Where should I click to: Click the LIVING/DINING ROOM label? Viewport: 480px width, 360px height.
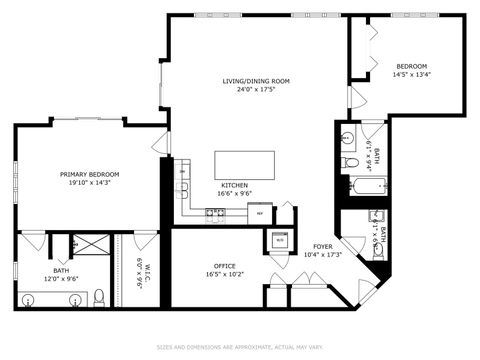click(256, 81)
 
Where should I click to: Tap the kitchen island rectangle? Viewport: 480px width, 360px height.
click(245, 163)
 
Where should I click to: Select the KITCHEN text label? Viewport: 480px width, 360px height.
click(235, 186)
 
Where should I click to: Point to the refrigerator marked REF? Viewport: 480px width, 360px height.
click(260, 213)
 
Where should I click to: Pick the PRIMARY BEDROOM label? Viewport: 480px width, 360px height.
click(97, 174)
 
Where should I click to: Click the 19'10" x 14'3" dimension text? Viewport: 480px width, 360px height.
click(97, 183)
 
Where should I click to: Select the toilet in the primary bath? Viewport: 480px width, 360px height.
click(99, 296)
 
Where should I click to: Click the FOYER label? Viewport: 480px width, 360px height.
click(322, 246)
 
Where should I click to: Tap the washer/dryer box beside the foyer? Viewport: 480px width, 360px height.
click(280, 240)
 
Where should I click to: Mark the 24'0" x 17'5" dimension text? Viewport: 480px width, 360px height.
click(256, 90)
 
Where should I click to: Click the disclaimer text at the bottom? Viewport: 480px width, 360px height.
click(240, 348)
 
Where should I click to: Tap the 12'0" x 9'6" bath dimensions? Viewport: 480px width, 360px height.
click(61, 278)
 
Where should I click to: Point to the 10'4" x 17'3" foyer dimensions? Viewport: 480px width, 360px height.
click(322, 255)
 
